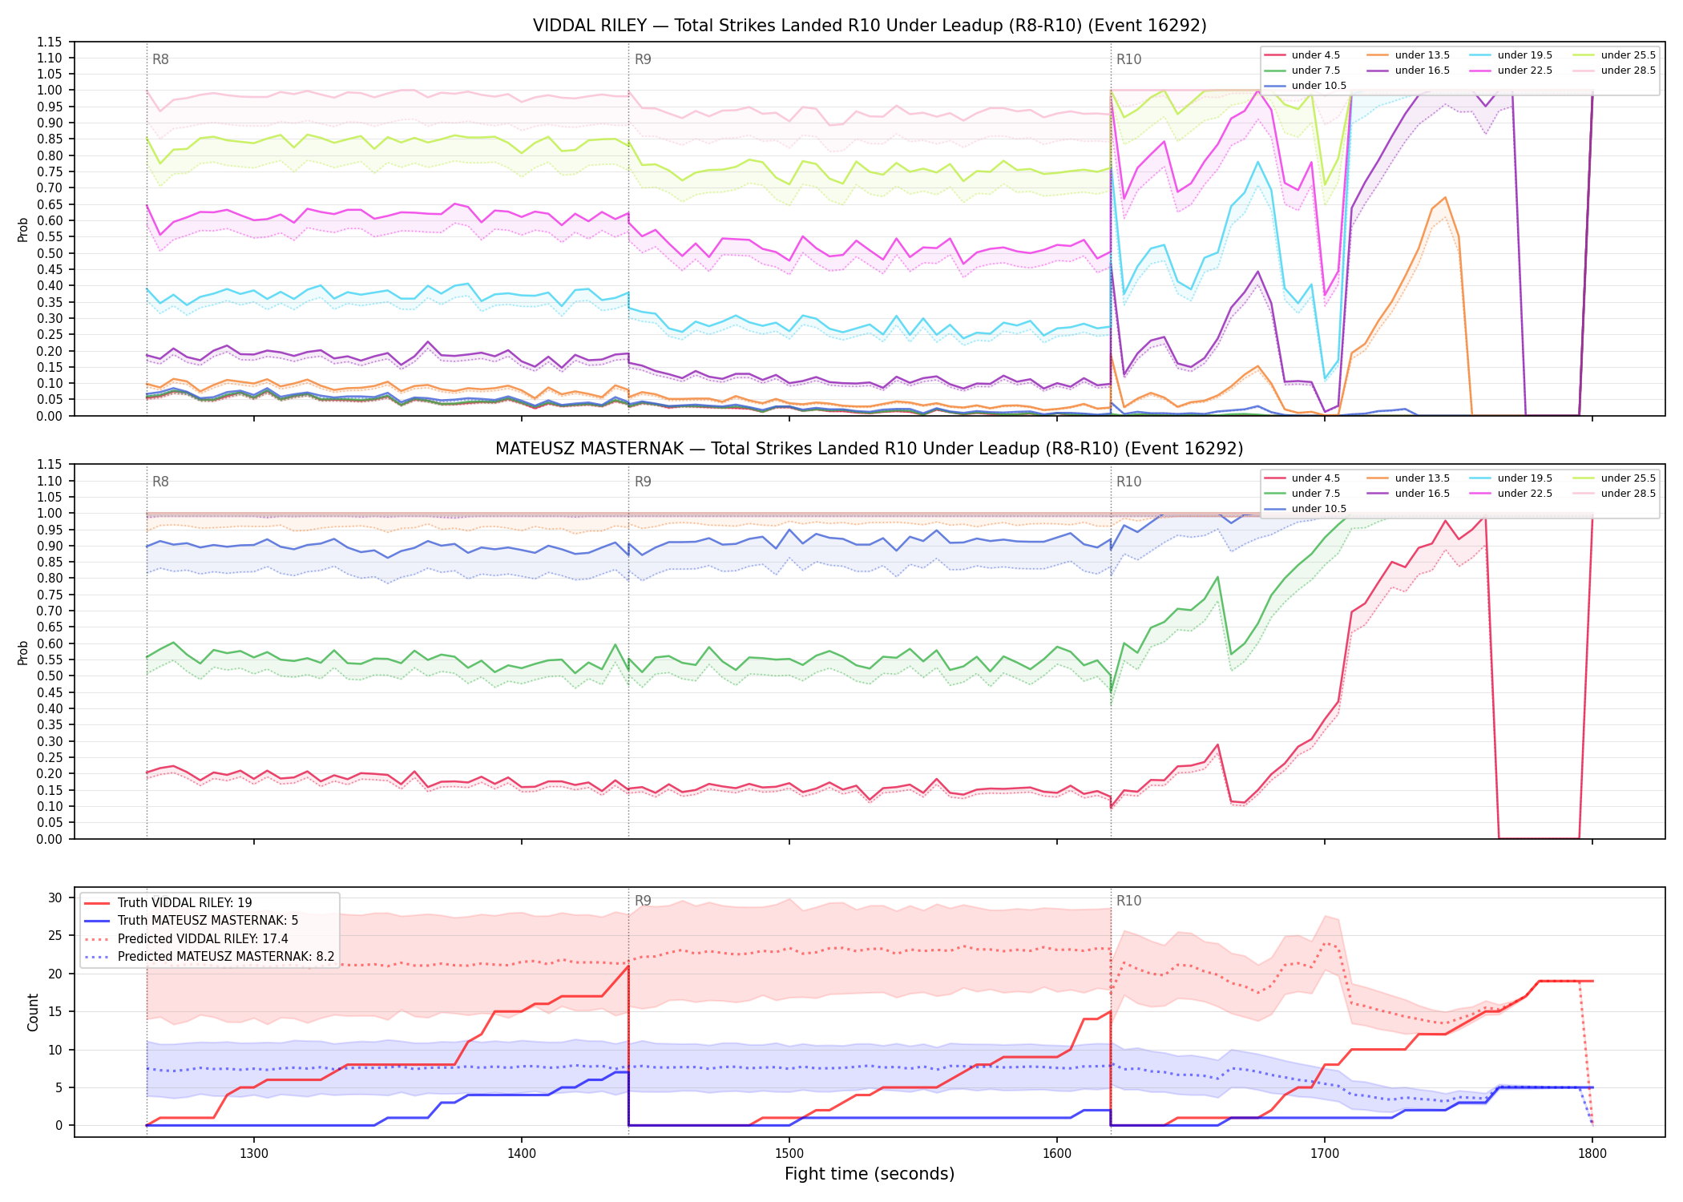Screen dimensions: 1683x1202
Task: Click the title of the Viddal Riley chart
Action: point(870,26)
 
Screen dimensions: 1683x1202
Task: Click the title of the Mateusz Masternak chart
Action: point(870,449)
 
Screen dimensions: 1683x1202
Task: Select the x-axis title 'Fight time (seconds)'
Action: point(870,1174)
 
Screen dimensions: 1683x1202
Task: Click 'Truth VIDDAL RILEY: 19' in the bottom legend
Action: point(185,903)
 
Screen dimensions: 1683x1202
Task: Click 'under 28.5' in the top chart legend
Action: point(1629,71)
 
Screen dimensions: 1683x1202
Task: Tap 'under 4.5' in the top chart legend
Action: point(1316,55)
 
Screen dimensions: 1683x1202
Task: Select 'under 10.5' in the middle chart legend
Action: point(1319,509)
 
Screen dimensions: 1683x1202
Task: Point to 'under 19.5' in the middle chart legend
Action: point(1525,478)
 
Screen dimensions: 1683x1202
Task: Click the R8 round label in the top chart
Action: point(160,59)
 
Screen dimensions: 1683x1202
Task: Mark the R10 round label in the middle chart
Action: point(1129,482)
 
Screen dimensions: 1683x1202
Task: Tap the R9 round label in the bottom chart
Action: point(643,901)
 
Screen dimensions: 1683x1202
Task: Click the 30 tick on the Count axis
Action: point(55,897)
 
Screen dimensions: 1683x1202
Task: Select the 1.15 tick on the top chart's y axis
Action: point(50,42)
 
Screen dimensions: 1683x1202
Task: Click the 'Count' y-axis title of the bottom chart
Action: point(33,1012)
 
